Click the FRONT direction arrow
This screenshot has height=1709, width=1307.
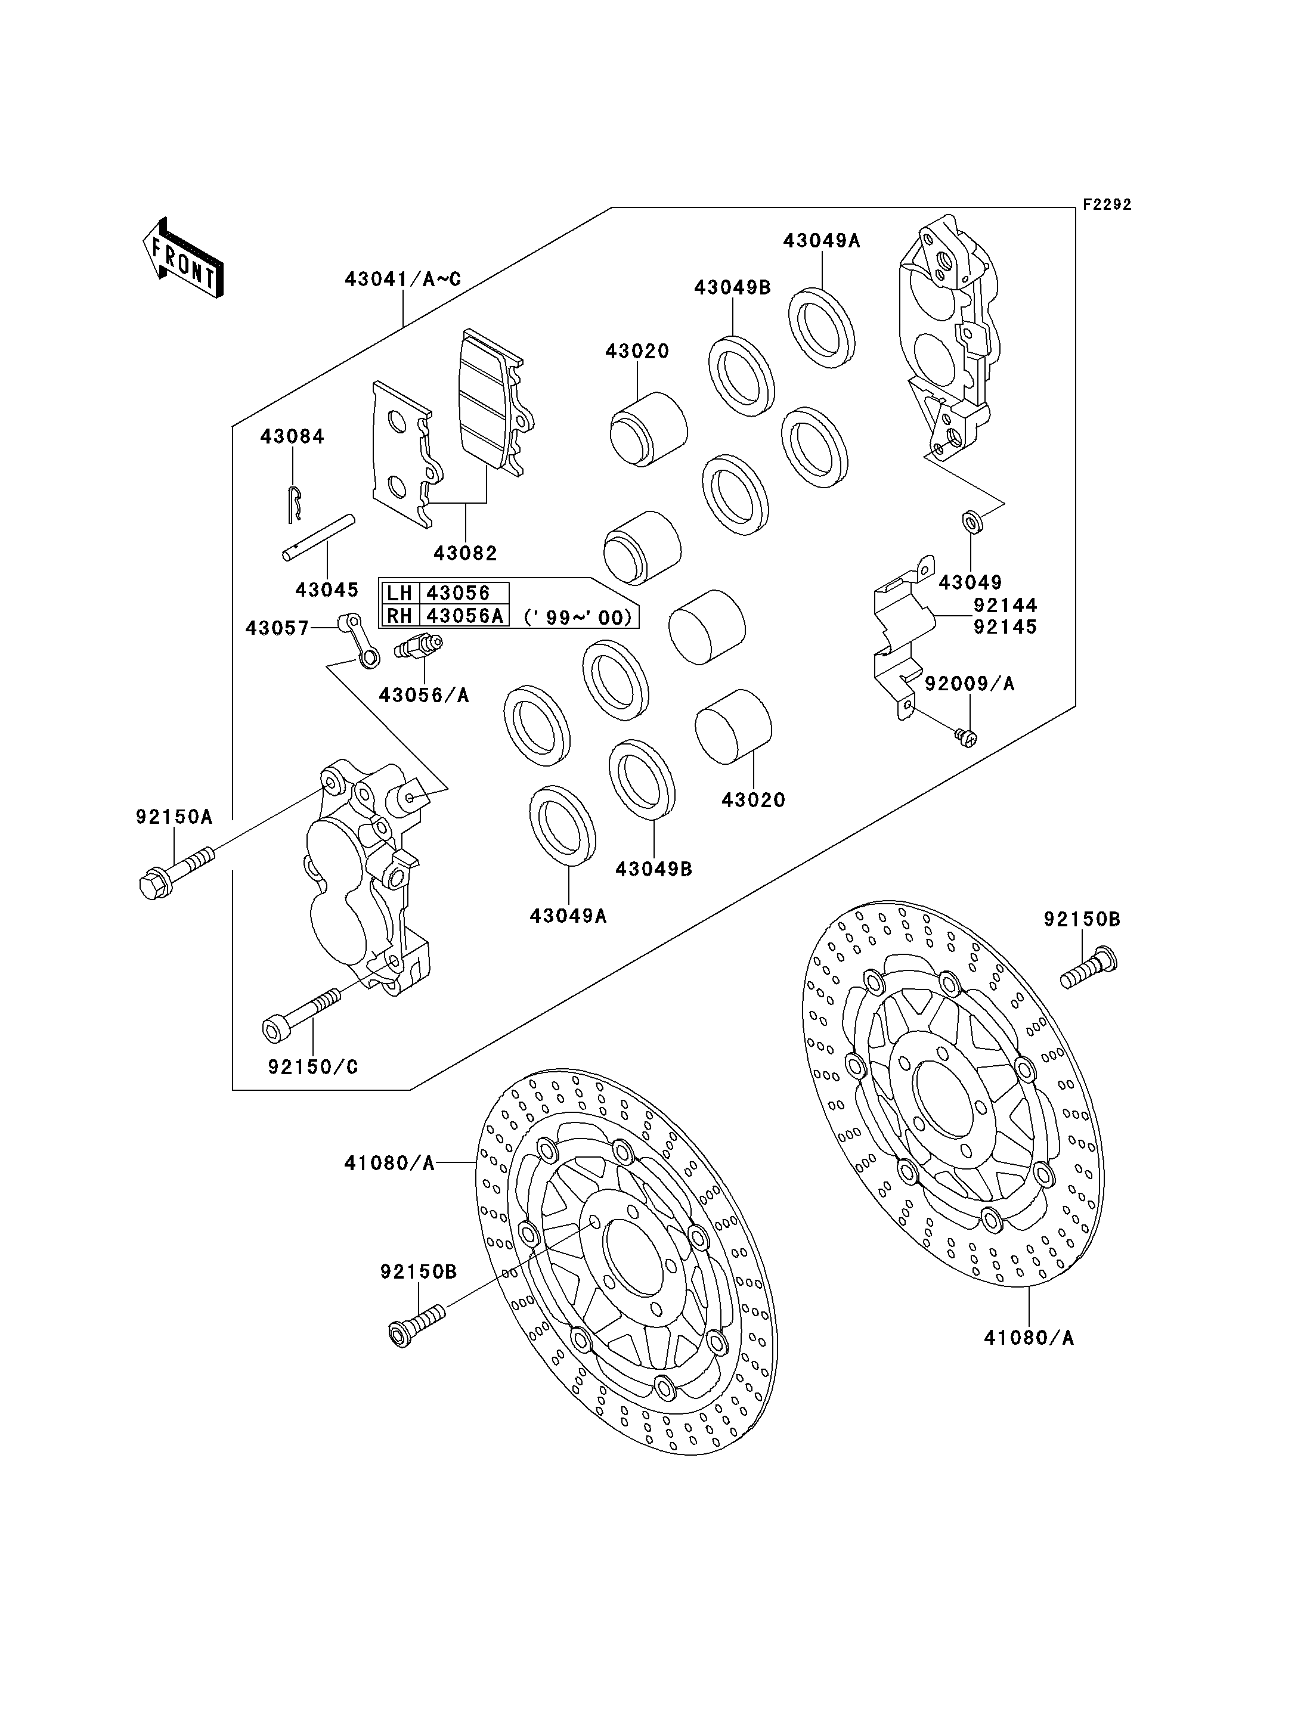(x=183, y=258)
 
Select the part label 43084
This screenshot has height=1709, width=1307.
(x=293, y=436)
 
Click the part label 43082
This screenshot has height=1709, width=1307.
(x=465, y=553)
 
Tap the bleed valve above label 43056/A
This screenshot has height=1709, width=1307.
(x=419, y=645)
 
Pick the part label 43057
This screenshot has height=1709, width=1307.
(x=278, y=628)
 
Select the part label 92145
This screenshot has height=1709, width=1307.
(x=1005, y=627)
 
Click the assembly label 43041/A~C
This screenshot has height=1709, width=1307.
(x=403, y=278)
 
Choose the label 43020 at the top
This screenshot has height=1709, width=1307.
(x=637, y=351)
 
